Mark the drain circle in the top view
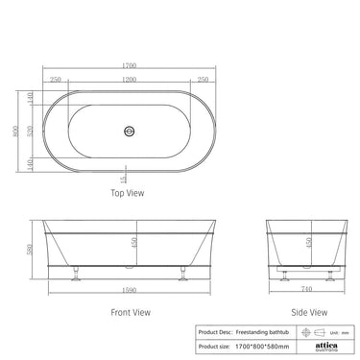point(129,126)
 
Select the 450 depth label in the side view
point(307,242)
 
